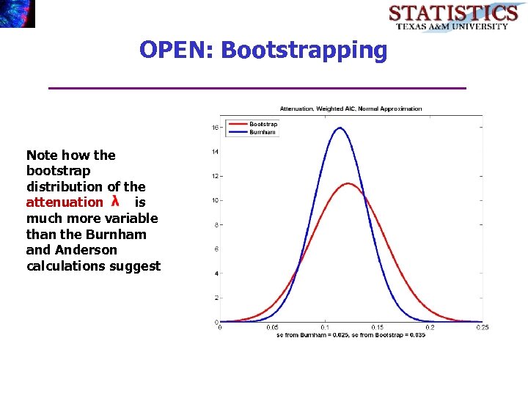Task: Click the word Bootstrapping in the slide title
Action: tap(304, 51)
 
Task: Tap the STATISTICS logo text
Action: tap(452, 13)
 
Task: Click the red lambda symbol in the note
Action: tap(115, 201)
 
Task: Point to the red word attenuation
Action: tap(65, 202)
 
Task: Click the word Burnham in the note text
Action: tap(116, 235)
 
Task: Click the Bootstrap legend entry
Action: tap(263, 124)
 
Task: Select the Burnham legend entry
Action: tap(263, 132)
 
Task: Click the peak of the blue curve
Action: tap(340, 128)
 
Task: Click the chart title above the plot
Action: tap(351, 109)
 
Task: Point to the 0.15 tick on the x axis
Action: tap(377, 327)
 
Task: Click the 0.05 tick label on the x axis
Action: tap(272, 327)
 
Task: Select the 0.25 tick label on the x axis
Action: tap(482, 327)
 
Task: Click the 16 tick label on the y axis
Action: tap(215, 128)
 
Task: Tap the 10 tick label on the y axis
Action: tap(215, 200)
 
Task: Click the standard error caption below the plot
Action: tap(351, 335)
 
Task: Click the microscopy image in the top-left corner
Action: tap(18, 13)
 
